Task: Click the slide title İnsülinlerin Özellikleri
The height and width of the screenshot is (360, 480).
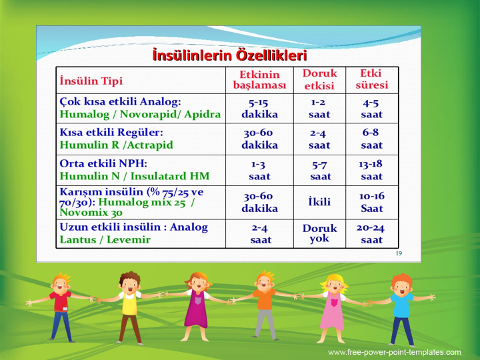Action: click(229, 55)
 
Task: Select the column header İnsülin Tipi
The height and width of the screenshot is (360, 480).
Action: click(91, 81)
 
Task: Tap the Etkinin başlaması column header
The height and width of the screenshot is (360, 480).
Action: click(259, 79)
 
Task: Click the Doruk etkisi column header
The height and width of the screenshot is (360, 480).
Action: click(319, 79)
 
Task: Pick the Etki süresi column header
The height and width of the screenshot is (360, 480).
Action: click(371, 79)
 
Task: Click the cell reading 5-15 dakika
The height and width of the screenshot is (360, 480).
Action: click(259, 109)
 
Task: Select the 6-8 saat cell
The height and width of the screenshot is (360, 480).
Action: click(371, 139)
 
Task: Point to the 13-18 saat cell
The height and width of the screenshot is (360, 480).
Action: click(371, 170)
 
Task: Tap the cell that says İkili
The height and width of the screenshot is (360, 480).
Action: click(319, 202)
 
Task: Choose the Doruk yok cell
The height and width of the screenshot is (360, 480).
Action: click(319, 233)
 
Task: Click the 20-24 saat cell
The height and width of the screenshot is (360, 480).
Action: click(371, 233)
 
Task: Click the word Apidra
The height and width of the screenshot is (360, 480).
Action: click(203, 114)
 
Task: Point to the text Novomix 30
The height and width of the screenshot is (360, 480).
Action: click(91, 213)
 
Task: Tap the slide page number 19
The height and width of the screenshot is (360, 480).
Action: click(399, 253)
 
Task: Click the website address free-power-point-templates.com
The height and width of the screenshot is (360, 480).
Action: click(394, 352)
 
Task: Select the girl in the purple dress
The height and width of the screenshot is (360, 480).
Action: click(197, 307)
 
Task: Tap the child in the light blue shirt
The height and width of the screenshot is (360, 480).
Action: click(401, 310)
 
